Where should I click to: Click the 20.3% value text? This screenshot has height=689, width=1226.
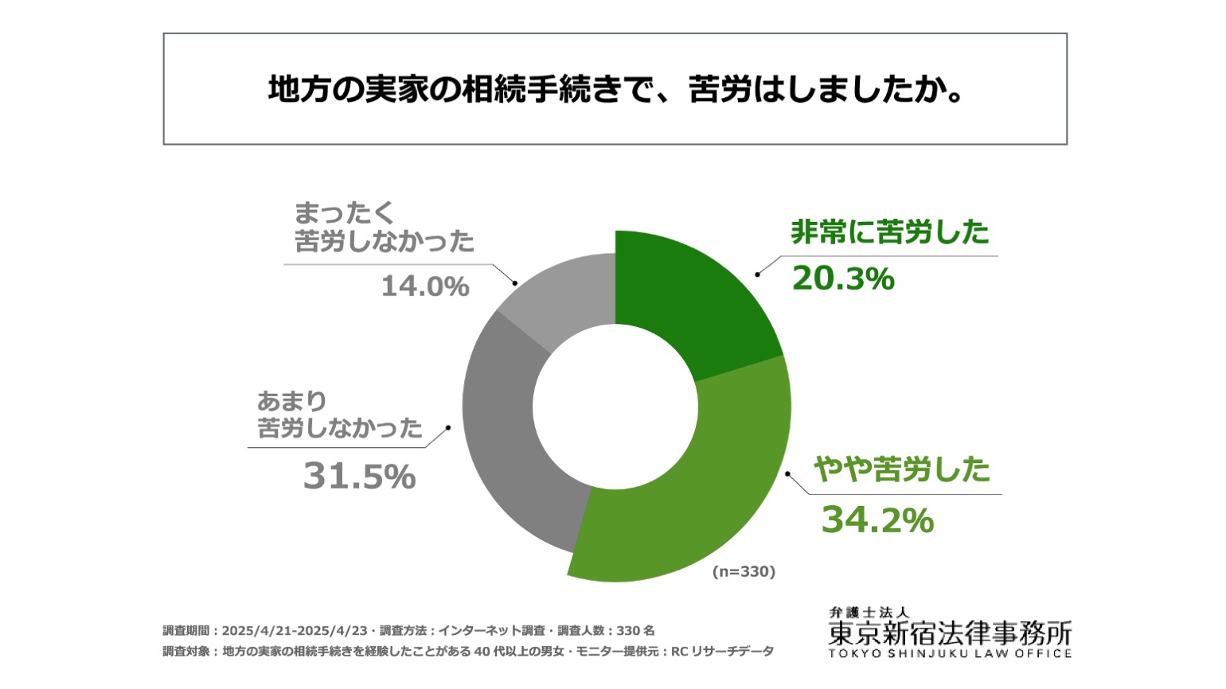[x=843, y=278]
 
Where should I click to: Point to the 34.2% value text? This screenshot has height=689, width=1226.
[x=877, y=520]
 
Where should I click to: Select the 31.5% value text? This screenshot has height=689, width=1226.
[x=360, y=477]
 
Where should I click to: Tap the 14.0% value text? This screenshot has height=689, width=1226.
[x=425, y=286]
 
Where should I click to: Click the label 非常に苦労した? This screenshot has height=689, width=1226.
[x=890, y=232]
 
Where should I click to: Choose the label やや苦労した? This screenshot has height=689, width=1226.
[x=902, y=469]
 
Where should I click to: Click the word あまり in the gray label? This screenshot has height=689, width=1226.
[x=291, y=401]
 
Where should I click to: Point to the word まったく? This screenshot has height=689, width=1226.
[x=344, y=212]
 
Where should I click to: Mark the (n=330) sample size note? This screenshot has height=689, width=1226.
[x=744, y=571]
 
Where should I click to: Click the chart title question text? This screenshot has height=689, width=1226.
[x=615, y=89]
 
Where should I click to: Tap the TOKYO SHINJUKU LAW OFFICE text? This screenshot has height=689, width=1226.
[x=950, y=653]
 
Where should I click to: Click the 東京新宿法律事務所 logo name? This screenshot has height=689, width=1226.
[x=950, y=633]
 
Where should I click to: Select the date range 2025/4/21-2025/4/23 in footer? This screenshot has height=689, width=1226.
[x=295, y=630]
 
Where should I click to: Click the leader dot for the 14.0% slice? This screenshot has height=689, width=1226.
[x=515, y=283]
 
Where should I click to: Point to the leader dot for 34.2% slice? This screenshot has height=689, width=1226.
[x=787, y=473]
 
